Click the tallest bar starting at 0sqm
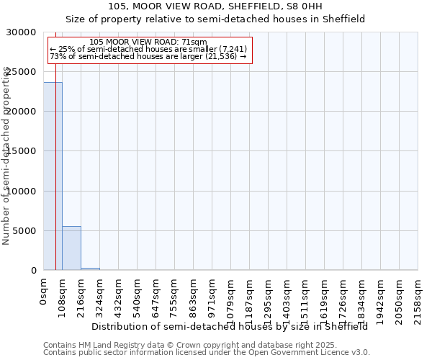click(53, 176)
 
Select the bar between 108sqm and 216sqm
click(71, 248)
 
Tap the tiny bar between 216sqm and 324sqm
click(90, 269)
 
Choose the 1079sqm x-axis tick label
click(230, 297)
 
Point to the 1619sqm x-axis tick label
click(324, 297)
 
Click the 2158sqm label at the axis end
click(418, 297)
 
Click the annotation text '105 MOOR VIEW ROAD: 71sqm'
click(149, 42)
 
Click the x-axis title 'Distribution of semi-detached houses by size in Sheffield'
click(230, 326)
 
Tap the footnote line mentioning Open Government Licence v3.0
click(207, 352)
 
